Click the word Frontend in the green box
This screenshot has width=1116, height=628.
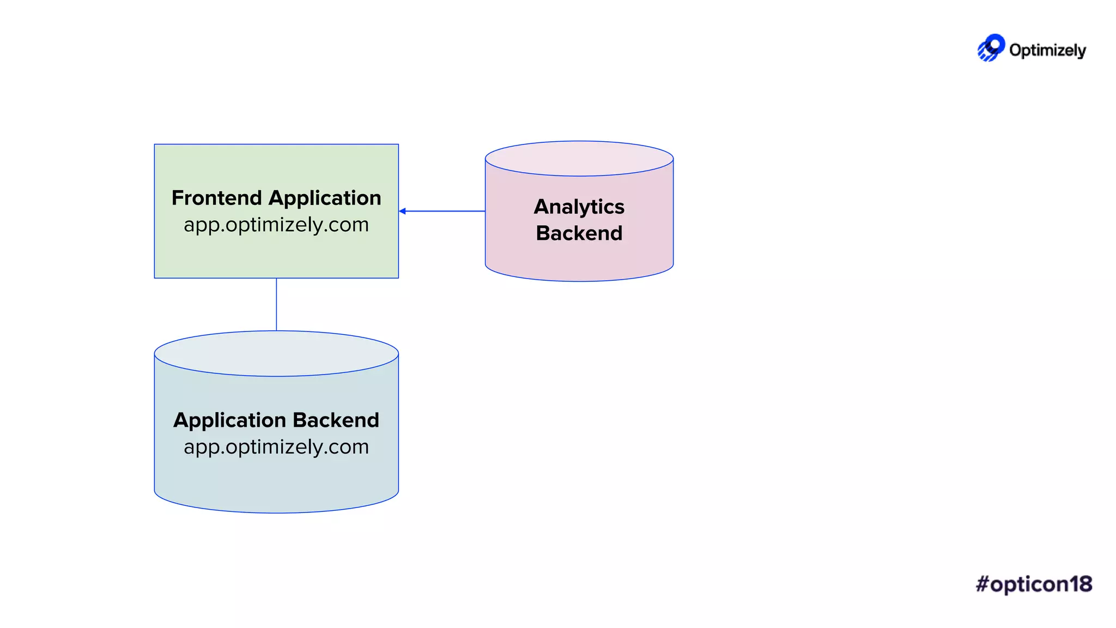click(216, 198)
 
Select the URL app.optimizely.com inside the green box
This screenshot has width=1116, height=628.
click(276, 225)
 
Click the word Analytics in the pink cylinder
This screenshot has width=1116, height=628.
click(579, 207)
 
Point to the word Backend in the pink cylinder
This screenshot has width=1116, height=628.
click(579, 233)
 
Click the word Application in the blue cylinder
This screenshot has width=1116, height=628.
click(229, 420)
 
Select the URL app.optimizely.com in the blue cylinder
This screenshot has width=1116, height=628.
click(276, 447)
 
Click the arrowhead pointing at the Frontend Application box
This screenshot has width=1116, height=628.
click(402, 211)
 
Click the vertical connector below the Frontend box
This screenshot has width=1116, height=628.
click(276, 304)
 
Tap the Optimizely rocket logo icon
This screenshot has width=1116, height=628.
click(991, 48)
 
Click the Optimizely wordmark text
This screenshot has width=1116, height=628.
click(1047, 50)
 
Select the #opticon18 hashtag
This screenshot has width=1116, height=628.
click(1034, 584)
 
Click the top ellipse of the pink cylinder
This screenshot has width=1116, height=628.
click(579, 159)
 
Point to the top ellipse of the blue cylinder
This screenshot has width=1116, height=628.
click(276, 353)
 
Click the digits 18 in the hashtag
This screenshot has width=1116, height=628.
click(1081, 584)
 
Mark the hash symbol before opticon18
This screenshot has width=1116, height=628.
click(982, 584)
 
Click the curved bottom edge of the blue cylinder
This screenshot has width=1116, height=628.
click(276, 512)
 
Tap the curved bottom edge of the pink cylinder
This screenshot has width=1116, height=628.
click(579, 281)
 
